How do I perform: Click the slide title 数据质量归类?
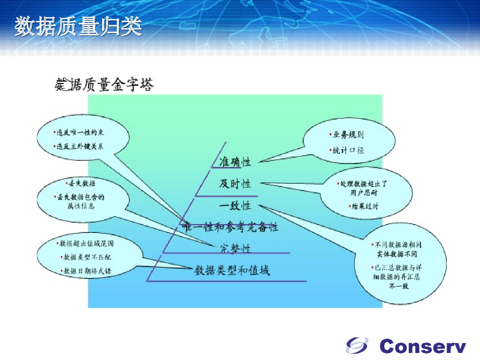pos(78,27)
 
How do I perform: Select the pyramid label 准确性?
pos(235,162)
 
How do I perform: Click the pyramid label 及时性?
pos(235,184)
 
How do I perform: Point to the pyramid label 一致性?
pos(235,205)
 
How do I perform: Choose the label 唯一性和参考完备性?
pos(231,227)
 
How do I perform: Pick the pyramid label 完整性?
pos(235,248)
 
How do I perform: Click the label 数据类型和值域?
pos(232,270)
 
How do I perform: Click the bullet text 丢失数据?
pos(82,183)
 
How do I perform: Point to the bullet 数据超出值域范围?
pos(86,244)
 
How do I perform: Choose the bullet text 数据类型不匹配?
pos(87,257)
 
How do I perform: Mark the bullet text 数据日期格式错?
pos(87,271)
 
